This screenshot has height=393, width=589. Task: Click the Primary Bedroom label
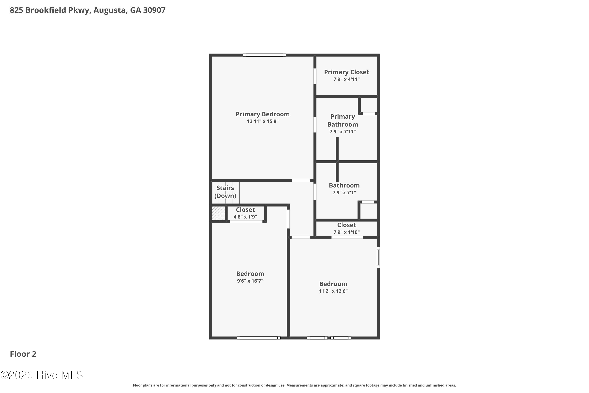click(262, 114)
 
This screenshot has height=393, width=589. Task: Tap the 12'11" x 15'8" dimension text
click(262, 121)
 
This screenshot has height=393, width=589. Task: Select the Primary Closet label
click(346, 72)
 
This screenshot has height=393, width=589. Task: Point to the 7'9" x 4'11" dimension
click(346, 79)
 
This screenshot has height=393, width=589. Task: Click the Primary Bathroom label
click(343, 121)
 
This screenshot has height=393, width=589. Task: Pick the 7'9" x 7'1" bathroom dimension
click(344, 193)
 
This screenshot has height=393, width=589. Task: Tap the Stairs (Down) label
click(225, 192)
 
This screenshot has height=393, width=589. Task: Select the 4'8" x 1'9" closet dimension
click(245, 217)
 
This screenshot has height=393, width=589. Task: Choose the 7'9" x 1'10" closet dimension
click(346, 232)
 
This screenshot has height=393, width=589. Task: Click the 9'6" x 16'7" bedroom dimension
click(250, 281)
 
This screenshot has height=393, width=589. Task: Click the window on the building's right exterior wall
click(378, 257)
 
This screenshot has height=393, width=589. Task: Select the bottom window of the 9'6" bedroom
click(259, 338)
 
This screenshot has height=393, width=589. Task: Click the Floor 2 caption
click(23, 354)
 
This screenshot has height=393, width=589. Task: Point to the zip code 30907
click(154, 10)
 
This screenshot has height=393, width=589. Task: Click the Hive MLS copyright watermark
click(42, 375)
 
